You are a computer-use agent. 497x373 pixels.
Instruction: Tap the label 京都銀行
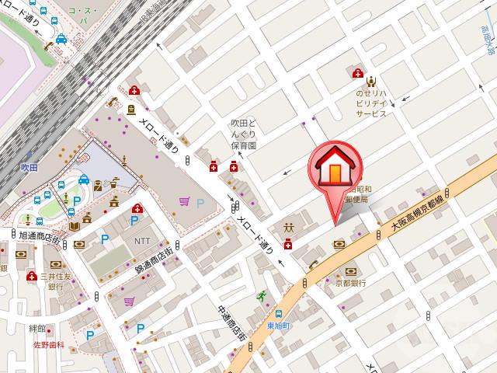click(x=350, y=284)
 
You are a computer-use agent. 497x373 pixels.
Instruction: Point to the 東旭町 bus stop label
click(x=278, y=326)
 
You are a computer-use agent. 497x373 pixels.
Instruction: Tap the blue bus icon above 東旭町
click(x=278, y=313)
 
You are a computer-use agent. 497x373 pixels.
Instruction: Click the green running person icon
click(x=261, y=295)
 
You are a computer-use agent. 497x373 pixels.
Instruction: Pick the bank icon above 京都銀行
click(x=351, y=270)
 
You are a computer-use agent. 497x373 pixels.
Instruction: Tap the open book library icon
click(x=75, y=225)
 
